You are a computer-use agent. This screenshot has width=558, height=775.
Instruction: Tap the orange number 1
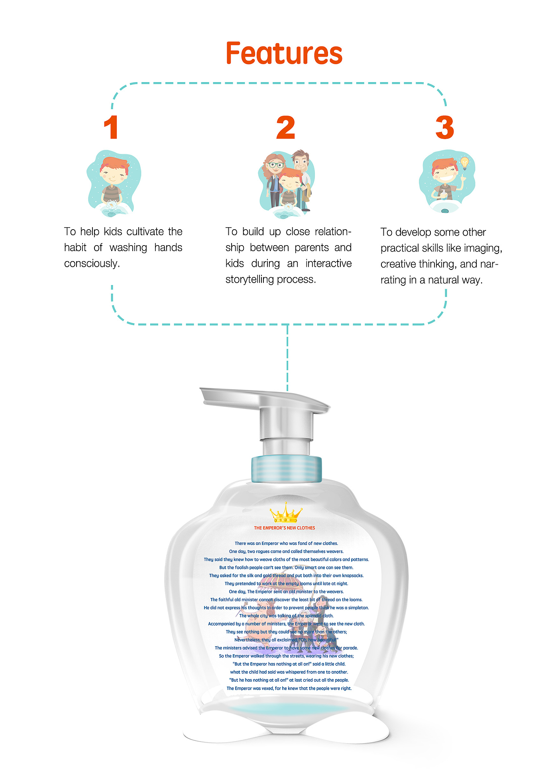tap(111, 128)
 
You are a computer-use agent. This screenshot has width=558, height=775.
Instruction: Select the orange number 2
tap(286, 128)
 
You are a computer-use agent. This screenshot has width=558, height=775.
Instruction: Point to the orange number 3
tap(445, 128)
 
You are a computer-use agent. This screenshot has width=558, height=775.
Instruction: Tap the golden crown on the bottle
tap(286, 513)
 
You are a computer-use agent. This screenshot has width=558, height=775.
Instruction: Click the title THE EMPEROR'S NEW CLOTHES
tap(285, 528)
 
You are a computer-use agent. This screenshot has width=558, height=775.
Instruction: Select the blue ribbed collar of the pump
tap(286, 468)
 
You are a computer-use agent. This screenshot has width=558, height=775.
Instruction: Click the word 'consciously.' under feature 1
tap(92, 264)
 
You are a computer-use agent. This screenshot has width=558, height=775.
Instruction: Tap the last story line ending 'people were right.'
tap(289, 688)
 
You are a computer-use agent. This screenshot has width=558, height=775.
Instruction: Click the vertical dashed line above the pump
tap(287, 358)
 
